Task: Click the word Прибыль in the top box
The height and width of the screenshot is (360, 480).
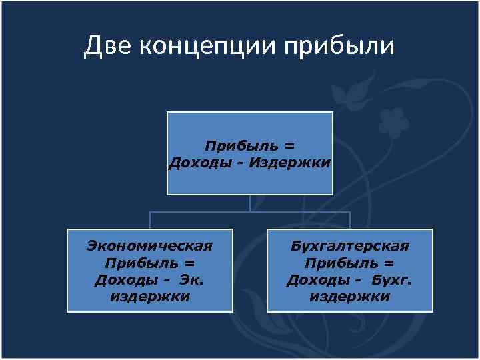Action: (x=239, y=146)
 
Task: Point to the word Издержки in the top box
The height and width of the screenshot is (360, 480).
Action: (x=289, y=163)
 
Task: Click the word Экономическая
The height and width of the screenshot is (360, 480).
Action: (x=149, y=246)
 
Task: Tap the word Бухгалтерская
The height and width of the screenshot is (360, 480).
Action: (x=350, y=246)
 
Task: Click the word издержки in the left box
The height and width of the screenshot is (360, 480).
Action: (x=149, y=297)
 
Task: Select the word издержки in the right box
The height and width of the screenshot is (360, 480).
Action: (x=350, y=297)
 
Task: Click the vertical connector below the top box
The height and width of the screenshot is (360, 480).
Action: (x=250, y=203)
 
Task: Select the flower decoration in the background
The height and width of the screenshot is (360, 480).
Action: (x=393, y=121)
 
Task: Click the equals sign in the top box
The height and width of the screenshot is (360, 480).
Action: (x=289, y=146)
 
